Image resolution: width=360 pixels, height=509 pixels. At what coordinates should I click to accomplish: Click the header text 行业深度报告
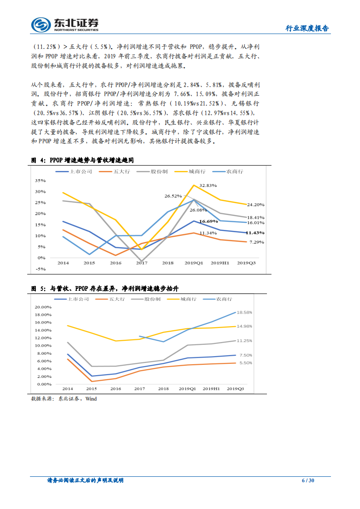(307, 28)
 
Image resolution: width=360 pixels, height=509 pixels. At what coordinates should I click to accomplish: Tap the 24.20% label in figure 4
(256, 205)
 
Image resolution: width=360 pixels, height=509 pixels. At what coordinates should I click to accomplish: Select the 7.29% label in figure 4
(256, 242)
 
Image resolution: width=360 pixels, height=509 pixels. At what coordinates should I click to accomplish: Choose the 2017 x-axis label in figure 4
(142, 263)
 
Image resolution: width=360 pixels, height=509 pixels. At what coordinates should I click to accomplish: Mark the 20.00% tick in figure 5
(44, 307)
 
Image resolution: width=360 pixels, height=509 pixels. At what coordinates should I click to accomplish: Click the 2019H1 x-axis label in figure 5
(211, 389)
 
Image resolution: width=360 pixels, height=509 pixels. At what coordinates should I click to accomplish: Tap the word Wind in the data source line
(91, 399)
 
